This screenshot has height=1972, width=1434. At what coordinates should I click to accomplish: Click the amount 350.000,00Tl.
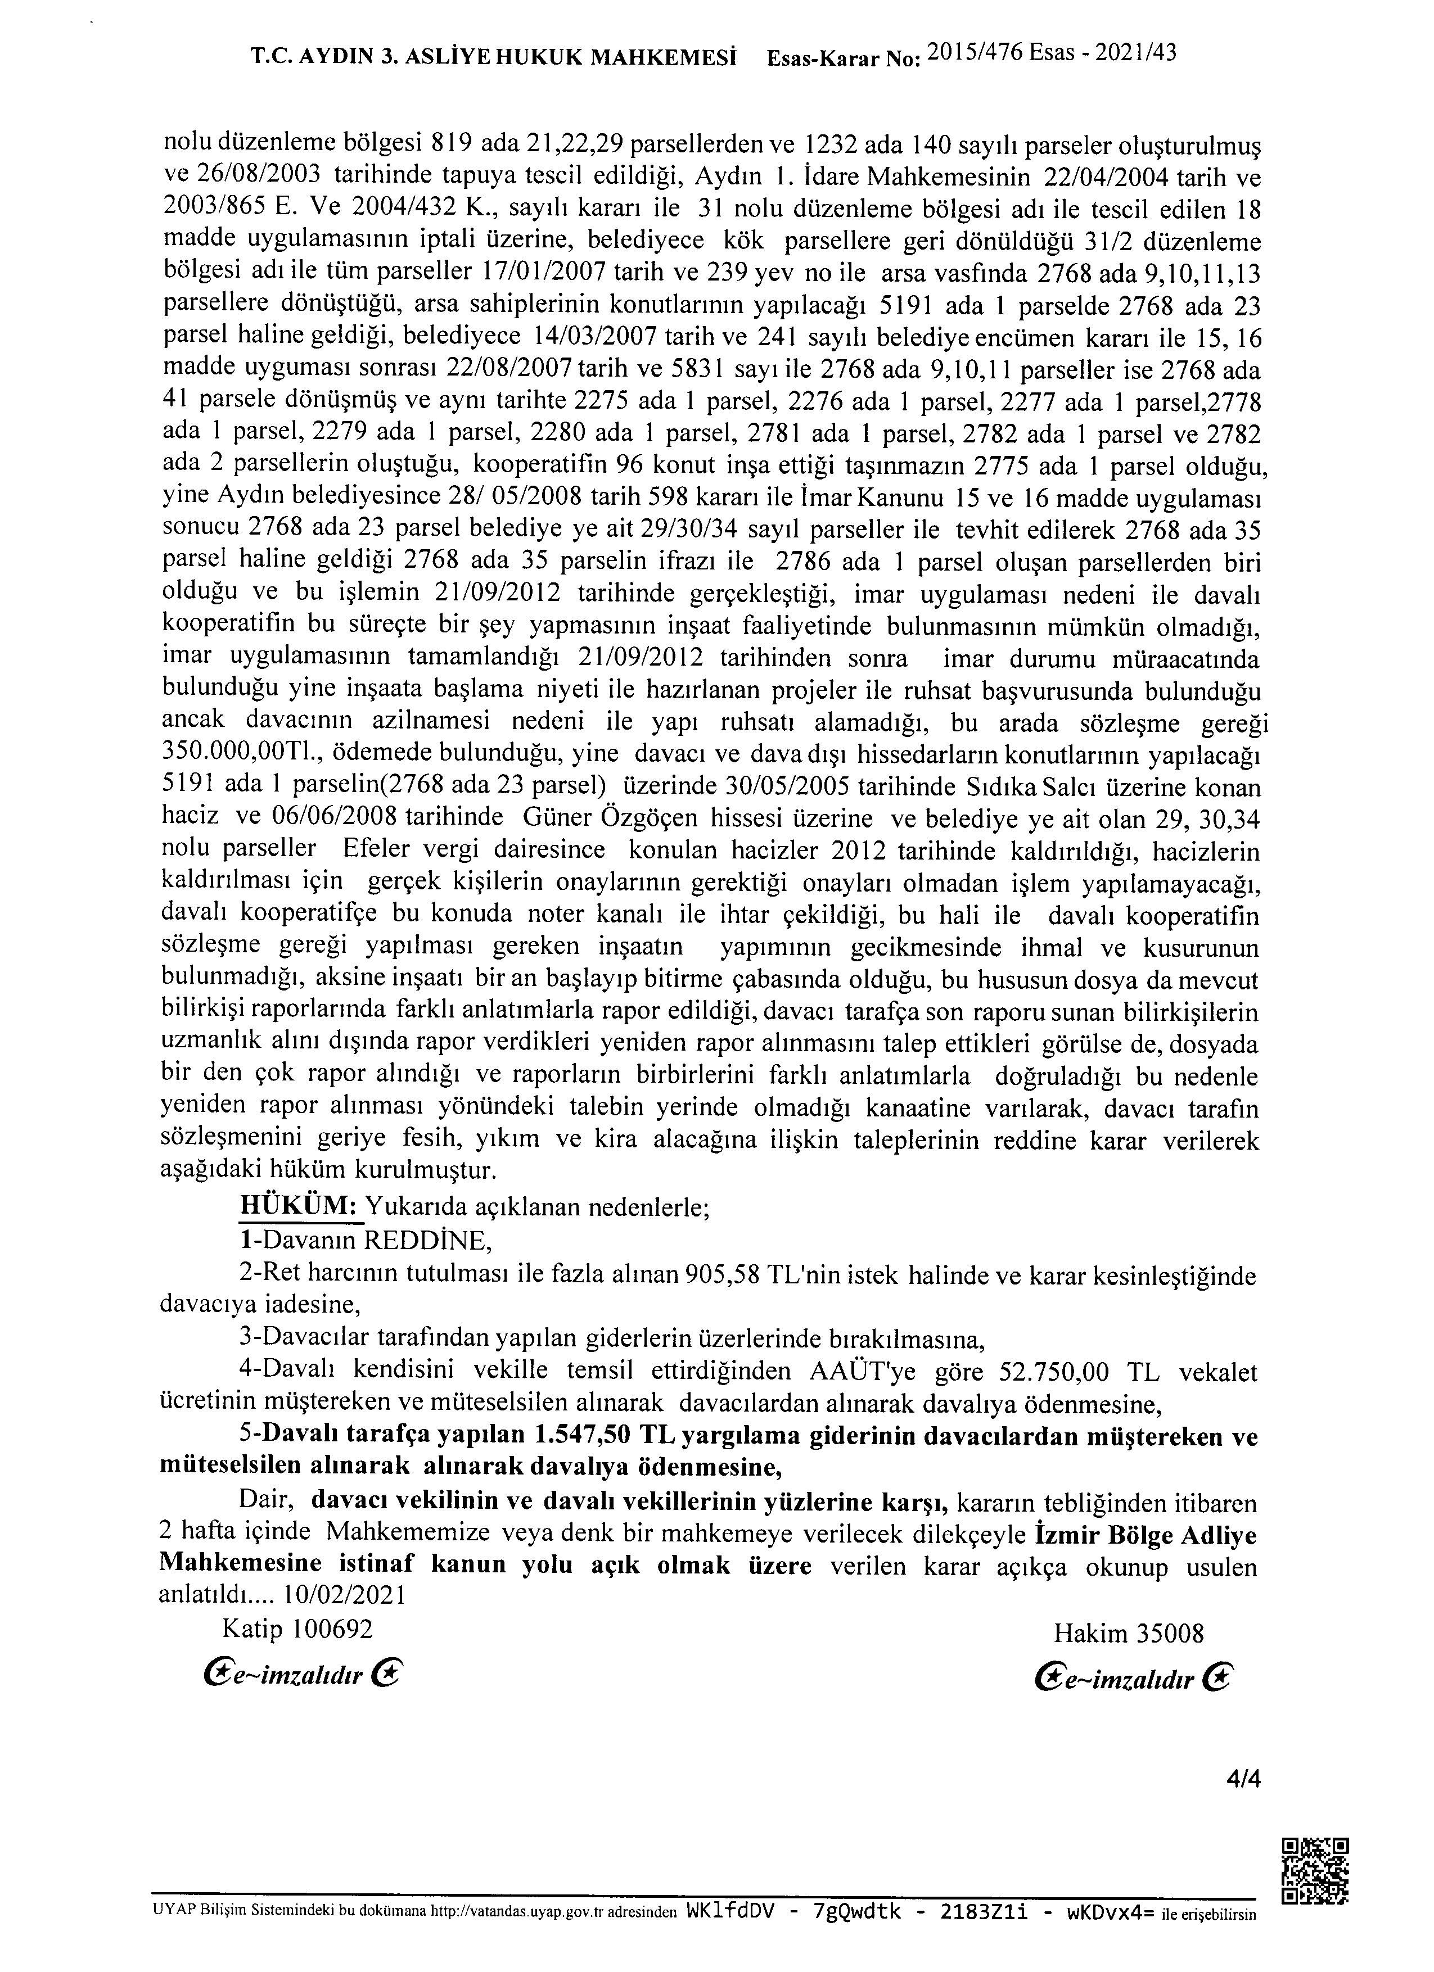tap(229, 755)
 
